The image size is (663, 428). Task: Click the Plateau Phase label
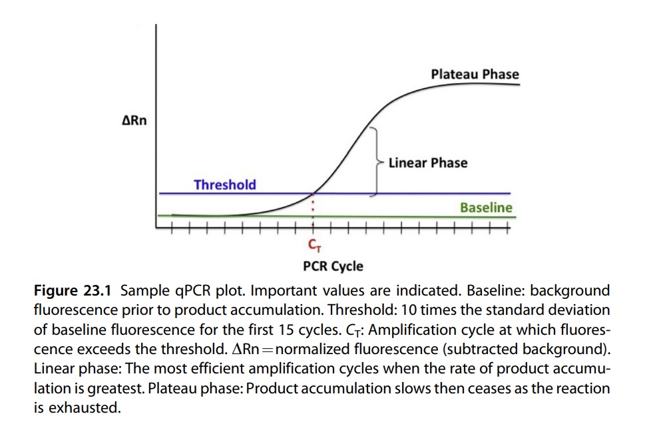click(475, 74)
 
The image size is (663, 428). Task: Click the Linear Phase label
click(427, 162)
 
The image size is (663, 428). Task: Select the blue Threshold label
click(224, 184)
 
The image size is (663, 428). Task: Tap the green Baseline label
click(486, 208)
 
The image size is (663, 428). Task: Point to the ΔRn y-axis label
click(135, 120)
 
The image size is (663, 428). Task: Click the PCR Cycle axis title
click(333, 266)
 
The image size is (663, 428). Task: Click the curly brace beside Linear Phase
click(377, 162)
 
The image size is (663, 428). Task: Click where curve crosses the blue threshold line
click(313, 193)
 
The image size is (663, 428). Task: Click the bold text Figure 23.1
click(74, 291)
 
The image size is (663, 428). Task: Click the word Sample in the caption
click(141, 291)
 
